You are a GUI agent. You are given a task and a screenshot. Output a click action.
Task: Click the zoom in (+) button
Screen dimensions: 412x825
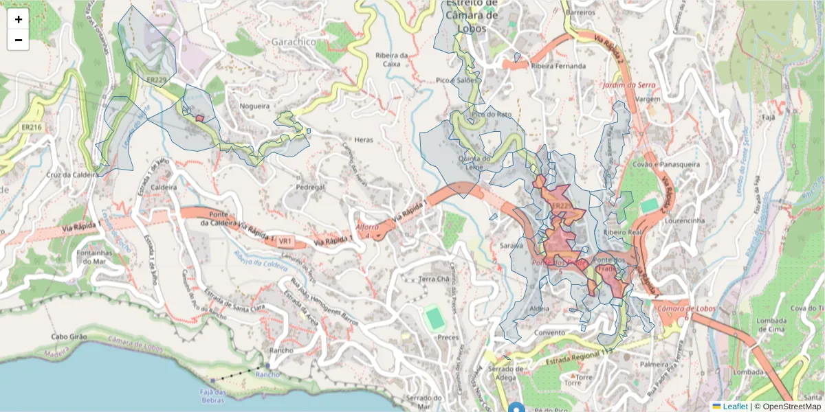[x=19, y=19]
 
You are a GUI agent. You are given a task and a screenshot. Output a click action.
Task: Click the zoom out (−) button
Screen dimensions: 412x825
[x=19, y=40]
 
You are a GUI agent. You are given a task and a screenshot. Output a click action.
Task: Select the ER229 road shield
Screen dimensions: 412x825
[x=157, y=80]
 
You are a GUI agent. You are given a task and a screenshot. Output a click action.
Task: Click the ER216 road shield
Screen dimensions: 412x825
[x=32, y=127]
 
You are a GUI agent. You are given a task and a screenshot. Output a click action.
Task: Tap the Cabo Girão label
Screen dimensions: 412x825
[x=72, y=337]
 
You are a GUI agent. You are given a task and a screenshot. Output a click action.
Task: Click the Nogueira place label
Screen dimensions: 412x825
[x=254, y=106]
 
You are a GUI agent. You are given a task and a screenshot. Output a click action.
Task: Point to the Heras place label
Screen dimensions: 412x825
[x=363, y=139]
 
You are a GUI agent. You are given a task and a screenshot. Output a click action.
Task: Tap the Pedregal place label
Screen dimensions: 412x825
[x=309, y=187]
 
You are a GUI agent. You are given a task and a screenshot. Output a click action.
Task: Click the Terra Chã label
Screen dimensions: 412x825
[x=434, y=279]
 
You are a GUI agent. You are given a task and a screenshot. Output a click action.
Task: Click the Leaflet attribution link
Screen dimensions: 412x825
[x=734, y=406]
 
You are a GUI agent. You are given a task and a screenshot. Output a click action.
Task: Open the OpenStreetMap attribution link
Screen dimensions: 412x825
[x=789, y=406]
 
